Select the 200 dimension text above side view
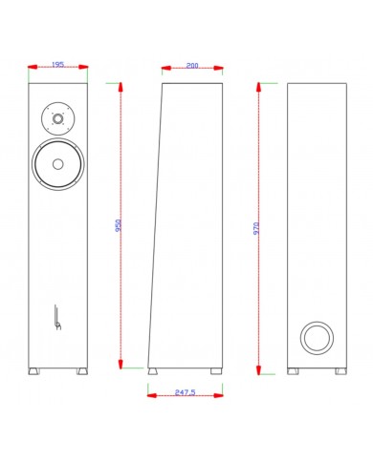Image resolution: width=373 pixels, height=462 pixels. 192,66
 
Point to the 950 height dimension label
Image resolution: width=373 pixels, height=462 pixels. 119,226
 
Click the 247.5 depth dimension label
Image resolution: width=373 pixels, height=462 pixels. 186,391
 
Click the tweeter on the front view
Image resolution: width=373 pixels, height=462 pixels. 57,120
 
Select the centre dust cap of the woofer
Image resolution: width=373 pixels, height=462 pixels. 57,163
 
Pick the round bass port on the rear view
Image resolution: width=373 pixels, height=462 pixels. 316,337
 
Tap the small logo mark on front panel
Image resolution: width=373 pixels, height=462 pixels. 56,316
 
